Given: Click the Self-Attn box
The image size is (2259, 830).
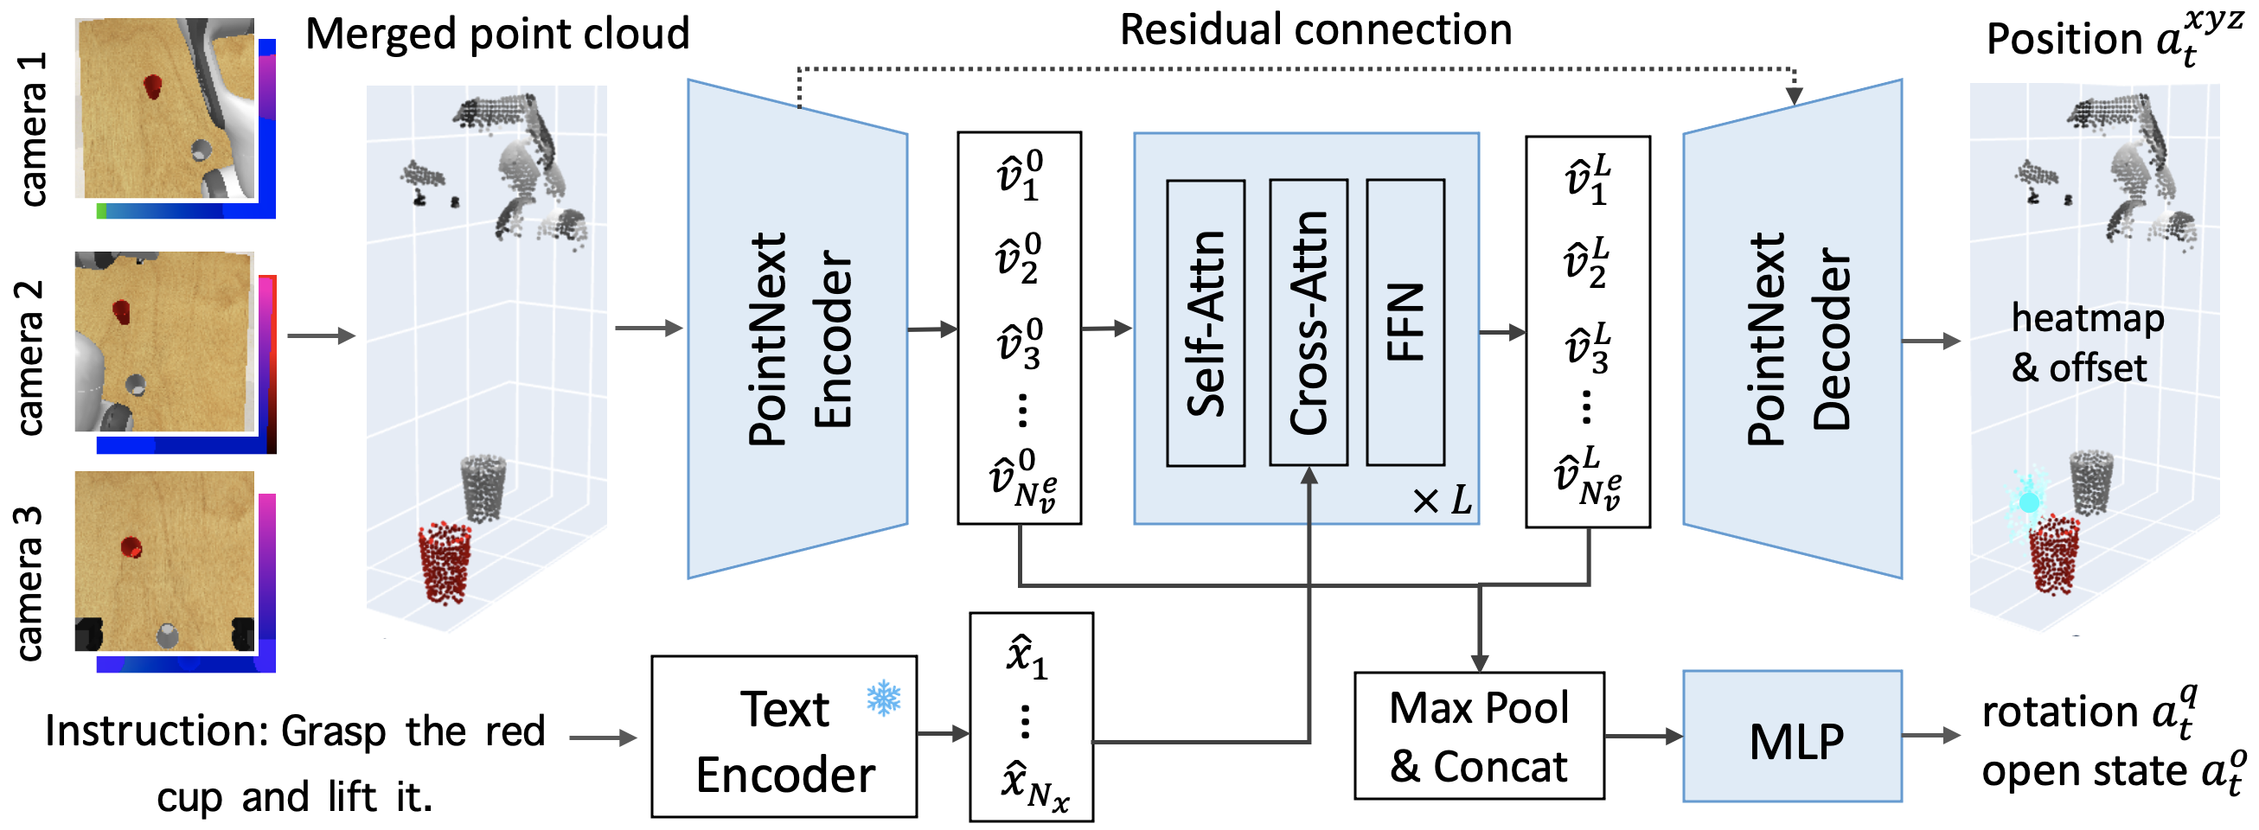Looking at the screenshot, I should (x=1205, y=322).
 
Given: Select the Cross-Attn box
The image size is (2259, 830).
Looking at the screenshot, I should (x=1309, y=322).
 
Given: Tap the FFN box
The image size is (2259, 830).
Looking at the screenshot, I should (x=1405, y=322).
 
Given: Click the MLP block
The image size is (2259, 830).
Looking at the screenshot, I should (x=1792, y=737).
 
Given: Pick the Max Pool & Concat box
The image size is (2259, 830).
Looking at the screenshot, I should (x=1479, y=737).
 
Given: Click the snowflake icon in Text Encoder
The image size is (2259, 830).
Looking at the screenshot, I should (x=883, y=699).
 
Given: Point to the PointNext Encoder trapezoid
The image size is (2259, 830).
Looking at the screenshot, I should (x=797, y=329).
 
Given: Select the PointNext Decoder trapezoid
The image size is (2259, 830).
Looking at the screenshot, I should (x=1792, y=329).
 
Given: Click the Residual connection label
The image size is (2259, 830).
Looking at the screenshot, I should (x=1315, y=29).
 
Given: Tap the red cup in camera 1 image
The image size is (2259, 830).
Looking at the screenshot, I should (x=151, y=86).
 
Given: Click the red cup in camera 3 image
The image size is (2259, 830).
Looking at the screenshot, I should (x=131, y=547).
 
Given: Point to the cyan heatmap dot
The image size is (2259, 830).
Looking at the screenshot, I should (x=2028, y=502).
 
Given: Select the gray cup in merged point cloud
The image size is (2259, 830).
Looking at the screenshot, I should (x=482, y=485).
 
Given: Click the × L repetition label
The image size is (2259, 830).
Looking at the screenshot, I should (x=1441, y=501).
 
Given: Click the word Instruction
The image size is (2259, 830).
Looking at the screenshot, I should (x=154, y=730).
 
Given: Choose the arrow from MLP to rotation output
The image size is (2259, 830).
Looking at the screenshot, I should (x=1930, y=736).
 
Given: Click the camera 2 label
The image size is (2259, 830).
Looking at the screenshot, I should (x=29, y=358).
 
